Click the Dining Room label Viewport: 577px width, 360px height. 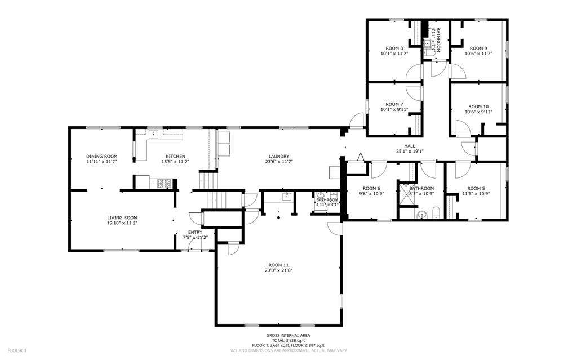pos(101,156)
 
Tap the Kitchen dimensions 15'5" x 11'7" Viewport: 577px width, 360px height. pos(175,162)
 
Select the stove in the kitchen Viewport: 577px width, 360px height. pos(165,183)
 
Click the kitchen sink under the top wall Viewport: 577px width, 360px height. pos(153,134)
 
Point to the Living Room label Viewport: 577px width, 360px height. pos(122,217)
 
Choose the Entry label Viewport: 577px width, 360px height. pos(195,232)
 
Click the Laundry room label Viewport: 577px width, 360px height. pos(279,156)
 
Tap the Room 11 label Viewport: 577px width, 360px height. pos(279,264)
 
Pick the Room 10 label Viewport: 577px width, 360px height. pos(478,106)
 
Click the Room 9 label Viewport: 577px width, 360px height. pos(478,48)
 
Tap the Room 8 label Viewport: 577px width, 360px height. pos(394,48)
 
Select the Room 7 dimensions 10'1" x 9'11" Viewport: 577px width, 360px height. pos(394,110)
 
